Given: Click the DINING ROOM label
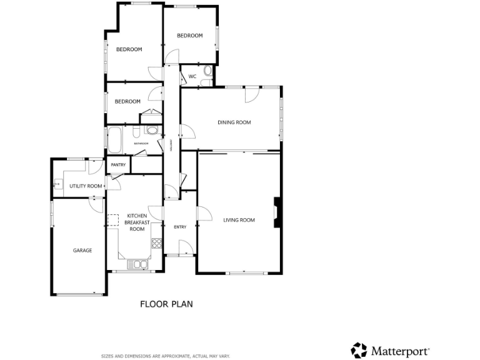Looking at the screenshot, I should tap(234, 122).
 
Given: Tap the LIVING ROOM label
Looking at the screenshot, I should tap(239, 220).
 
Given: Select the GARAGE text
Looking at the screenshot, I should tap(82, 251).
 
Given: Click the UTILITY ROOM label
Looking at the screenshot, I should tap(86, 186).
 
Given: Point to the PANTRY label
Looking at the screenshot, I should tap(118, 165).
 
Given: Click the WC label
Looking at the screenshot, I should tap(192, 77).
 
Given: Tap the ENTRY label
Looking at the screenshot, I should tap(180, 227).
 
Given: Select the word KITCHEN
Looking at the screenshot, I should tap(137, 216).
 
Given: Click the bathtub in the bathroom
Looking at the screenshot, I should tap(116, 141).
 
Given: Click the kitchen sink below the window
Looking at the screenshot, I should tap(137, 264).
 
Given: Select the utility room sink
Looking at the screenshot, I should tap(57, 184).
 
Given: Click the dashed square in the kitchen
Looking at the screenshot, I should tap(113, 219).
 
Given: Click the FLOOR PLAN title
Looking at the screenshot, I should tap(166, 304).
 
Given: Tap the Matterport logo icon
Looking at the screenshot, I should tap(359, 350).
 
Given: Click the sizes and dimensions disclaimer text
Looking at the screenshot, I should tap(166, 356).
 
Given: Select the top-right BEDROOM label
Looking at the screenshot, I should tap(190, 36).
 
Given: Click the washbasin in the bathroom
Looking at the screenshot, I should tap(151, 131).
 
